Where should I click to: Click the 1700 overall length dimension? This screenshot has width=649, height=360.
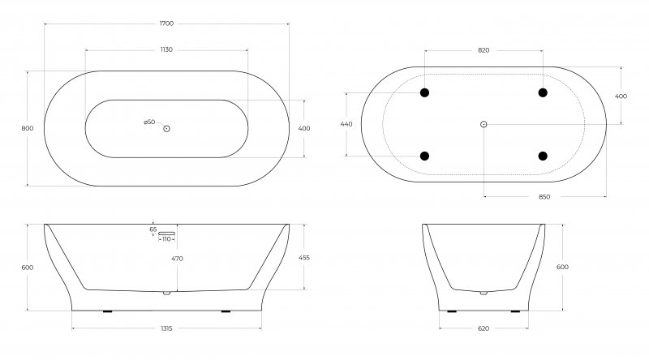click(x=167, y=24)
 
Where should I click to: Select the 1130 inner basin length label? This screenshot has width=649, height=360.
click(x=166, y=49)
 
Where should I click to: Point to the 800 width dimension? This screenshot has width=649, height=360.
click(x=28, y=128)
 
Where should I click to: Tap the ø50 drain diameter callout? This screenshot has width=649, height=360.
click(x=149, y=122)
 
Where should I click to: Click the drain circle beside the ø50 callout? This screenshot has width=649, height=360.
click(x=167, y=129)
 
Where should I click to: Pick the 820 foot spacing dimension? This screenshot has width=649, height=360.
click(x=484, y=50)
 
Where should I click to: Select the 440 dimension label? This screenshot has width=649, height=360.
click(x=346, y=124)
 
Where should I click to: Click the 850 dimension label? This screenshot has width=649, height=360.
click(x=544, y=197)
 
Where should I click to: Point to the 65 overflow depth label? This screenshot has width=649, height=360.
click(x=153, y=229)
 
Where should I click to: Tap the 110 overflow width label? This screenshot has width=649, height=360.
click(x=166, y=239)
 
